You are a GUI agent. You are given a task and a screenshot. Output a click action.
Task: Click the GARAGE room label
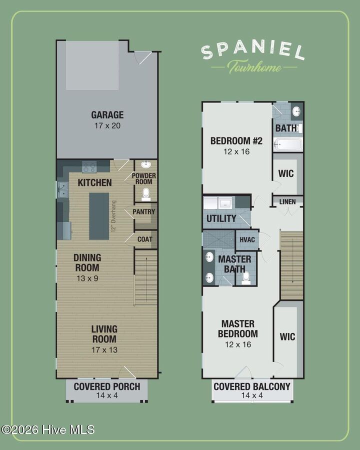(107, 115)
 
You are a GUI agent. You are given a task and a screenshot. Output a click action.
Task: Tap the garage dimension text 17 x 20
(107, 125)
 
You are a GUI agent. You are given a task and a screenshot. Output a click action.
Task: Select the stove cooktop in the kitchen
(89, 167)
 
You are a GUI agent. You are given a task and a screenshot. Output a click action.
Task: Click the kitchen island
(99, 216)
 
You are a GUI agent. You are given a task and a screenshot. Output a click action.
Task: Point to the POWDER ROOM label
(144, 178)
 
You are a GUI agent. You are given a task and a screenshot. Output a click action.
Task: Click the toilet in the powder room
(146, 194)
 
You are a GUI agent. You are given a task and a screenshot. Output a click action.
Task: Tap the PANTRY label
(144, 212)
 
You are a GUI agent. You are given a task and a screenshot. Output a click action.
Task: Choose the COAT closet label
(144, 239)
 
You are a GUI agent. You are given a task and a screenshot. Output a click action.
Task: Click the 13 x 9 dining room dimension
(87, 278)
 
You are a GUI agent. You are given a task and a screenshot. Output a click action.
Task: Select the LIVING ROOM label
(104, 334)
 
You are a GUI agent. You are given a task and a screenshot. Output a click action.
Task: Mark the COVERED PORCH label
(107, 386)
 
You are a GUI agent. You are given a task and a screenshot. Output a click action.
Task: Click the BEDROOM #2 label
(236, 141)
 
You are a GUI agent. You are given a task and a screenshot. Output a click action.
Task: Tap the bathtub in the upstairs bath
(287, 144)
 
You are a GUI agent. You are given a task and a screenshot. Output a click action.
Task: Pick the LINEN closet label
(287, 202)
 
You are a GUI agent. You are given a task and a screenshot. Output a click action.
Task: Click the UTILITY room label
(221, 218)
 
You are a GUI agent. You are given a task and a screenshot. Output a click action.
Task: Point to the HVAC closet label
(247, 239)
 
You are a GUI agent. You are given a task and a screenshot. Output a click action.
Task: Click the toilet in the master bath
(246, 278)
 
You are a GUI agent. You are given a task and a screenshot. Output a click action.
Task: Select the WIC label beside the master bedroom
(287, 336)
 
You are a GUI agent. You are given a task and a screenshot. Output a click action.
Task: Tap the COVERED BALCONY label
(252, 386)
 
